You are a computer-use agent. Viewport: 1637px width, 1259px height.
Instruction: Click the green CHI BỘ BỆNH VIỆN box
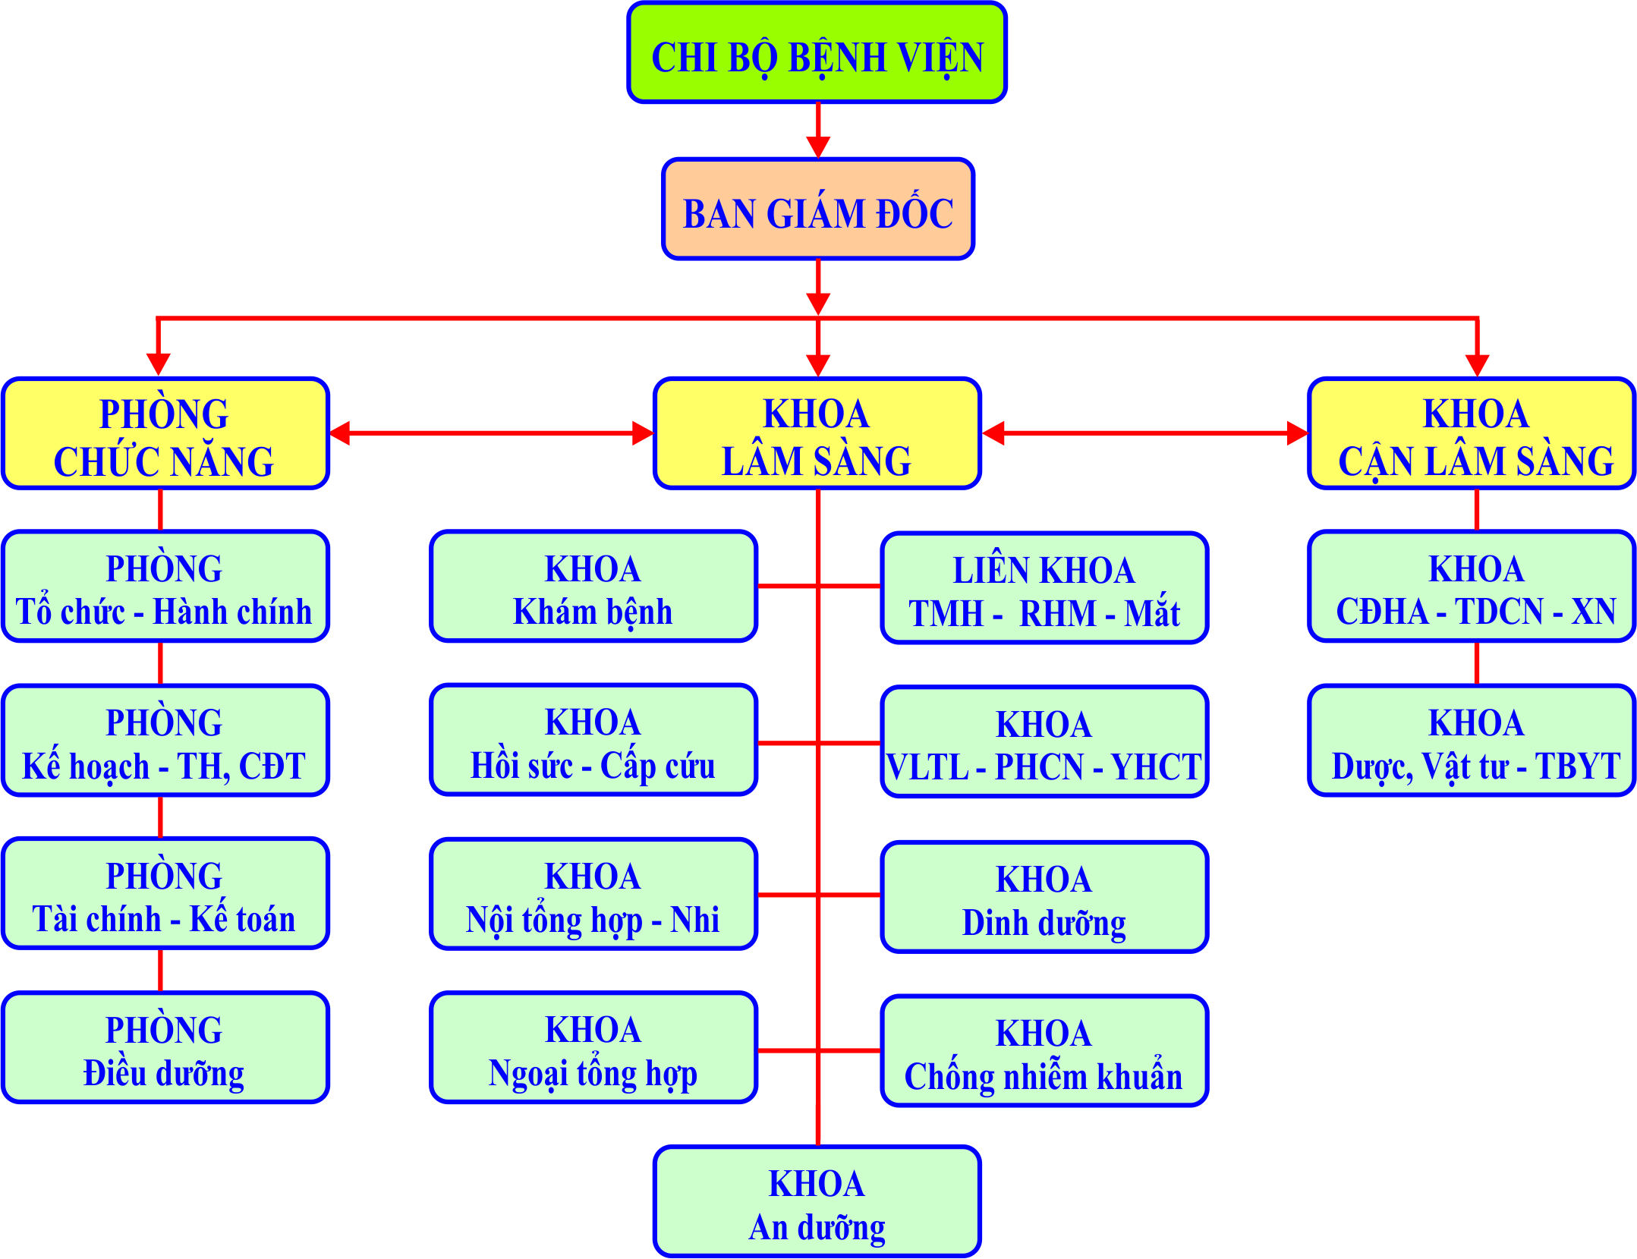tap(817, 53)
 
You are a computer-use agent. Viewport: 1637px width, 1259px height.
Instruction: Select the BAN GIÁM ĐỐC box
tap(817, 209)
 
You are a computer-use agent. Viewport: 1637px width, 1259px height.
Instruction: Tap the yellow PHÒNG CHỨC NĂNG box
tap(165, 434)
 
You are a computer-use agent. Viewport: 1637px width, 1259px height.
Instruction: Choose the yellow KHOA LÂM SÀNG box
tap(817, 434)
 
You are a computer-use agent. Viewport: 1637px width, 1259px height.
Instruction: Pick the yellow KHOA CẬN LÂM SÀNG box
tap(1471, 434)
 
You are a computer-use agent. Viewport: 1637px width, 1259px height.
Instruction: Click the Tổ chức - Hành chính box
tap(165, 587)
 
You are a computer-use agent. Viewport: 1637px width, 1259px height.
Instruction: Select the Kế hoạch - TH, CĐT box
tap(165, 741)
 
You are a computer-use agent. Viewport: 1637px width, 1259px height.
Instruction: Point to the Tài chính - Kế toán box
tap(165, 895)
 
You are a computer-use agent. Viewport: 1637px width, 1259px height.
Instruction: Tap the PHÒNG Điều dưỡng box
tap(165, 1049)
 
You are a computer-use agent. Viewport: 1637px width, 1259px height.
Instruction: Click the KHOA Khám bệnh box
tap(593, 587)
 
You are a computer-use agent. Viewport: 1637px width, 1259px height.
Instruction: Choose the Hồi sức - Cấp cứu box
tap(593, 741)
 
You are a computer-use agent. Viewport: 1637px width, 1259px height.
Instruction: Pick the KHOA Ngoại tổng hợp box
tap(593, 1049)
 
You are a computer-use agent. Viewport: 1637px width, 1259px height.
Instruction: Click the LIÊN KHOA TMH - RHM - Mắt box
tap(1044, 589)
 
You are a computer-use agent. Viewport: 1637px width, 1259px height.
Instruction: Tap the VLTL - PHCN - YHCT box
tap(1044, 743)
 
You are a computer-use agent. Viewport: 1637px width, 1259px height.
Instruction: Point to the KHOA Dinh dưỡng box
tap(1044, 898)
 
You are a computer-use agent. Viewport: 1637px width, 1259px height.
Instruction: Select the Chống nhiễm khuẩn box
tap(1044, 1052)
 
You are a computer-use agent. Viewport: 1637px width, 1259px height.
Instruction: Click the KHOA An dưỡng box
tap(817, 1203)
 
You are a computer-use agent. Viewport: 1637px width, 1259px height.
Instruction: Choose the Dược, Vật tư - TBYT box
tap(1471, 741)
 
